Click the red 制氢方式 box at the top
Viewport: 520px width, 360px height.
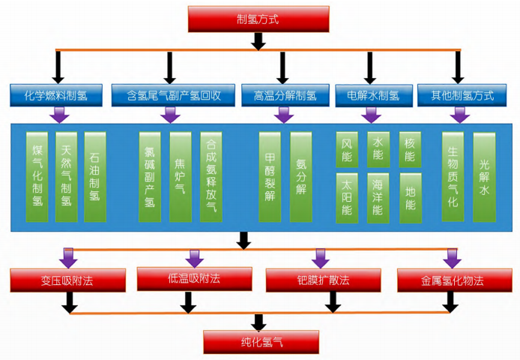pos(259,19)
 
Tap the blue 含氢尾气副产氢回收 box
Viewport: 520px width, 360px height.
pos(172,95)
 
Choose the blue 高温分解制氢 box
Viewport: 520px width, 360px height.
pos(285,95)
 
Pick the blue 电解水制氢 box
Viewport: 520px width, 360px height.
pos(369,95)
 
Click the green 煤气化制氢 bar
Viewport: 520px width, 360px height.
pos(37,177)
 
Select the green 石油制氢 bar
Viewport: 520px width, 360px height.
pos(94,177)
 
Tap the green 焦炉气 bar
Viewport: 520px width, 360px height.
pos(180,177)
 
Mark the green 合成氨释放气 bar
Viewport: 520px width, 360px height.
pos(211,177)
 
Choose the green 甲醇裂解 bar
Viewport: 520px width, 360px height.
pos(270,177)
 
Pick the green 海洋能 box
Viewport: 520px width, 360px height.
pos(378,196)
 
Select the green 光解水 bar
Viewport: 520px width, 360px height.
pos(484,177)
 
